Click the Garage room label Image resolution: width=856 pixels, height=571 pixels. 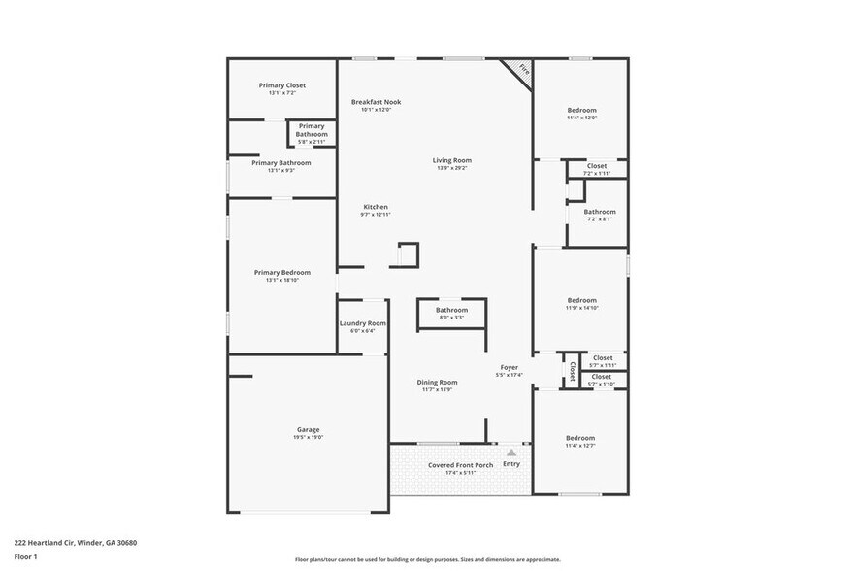point(308,429)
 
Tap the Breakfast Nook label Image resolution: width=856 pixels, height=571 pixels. point(376,102)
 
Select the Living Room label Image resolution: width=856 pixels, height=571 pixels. point(452,160)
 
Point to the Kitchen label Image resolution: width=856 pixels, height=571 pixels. point(376,207)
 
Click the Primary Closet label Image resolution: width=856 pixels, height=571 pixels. point(281,85)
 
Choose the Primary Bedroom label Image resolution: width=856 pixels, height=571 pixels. point(281,273)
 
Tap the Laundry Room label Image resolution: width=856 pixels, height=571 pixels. point(362,323)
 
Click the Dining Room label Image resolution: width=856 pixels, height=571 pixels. point(437,383)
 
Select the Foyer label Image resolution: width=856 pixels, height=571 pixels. point(509,367)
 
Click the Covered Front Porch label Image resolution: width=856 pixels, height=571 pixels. point(460,465)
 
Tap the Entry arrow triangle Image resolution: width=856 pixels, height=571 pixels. point(511,453)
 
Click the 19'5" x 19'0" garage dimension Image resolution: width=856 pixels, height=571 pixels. point(308,438)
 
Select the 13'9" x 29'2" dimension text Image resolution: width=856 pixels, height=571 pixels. point(452,169)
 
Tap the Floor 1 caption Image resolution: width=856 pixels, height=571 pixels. point(25,556)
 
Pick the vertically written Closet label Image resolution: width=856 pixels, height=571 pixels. point(572,370)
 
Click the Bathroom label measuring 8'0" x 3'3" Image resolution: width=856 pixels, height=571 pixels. point(451,310)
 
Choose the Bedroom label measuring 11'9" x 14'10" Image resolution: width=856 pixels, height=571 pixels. point(581,300)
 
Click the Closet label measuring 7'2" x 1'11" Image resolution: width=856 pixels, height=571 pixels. point(597,166)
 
